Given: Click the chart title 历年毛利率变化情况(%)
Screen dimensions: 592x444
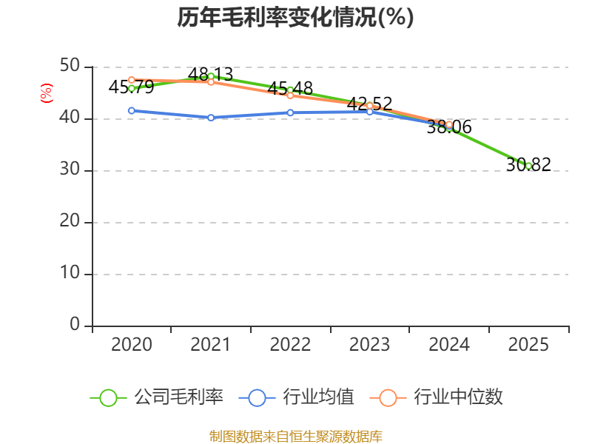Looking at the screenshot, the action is (295, 17).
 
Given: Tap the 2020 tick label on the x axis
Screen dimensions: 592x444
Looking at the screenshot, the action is (132, 344).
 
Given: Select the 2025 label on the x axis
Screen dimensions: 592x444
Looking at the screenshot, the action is (528, 344).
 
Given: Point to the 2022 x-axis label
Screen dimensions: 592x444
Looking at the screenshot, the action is (290, 344).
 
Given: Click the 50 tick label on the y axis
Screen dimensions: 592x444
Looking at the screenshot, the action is (70, 66).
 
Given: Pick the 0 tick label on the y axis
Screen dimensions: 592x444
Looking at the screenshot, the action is (75, 324).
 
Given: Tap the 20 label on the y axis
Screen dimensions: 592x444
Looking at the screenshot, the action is (70, 221).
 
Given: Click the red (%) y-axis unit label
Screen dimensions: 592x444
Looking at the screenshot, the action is (47, 93).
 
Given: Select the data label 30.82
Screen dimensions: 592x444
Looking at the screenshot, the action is (528, 164).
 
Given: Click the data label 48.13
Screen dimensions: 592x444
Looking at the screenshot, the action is (210, 75).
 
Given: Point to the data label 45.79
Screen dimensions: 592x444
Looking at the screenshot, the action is (131, 87).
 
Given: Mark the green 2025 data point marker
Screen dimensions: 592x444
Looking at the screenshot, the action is (528, 166).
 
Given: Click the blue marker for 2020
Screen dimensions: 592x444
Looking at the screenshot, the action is (132, 110).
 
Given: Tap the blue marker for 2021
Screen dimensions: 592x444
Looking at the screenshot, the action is (211, 118).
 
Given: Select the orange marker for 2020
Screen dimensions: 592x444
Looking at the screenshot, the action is (132, 80).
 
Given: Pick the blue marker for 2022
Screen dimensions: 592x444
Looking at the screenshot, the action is (290, 112).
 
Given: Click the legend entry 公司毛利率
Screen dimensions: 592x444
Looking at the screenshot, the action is (157, 397).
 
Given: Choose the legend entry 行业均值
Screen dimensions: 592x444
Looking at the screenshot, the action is (297, 397).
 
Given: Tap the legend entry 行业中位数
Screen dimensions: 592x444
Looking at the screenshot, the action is (436, 397).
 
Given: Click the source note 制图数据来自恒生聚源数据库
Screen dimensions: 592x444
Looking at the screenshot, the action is (295, 437).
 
